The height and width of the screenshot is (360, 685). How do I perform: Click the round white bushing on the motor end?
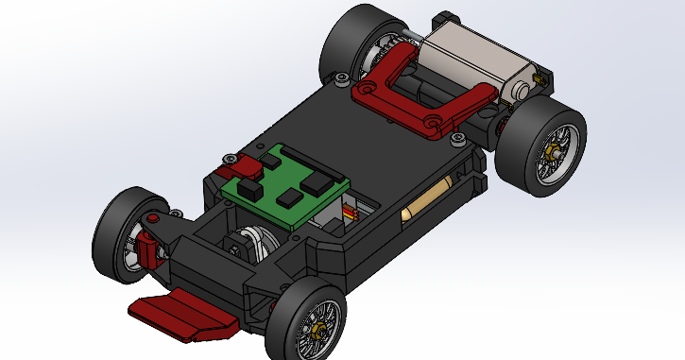(522, 89)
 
